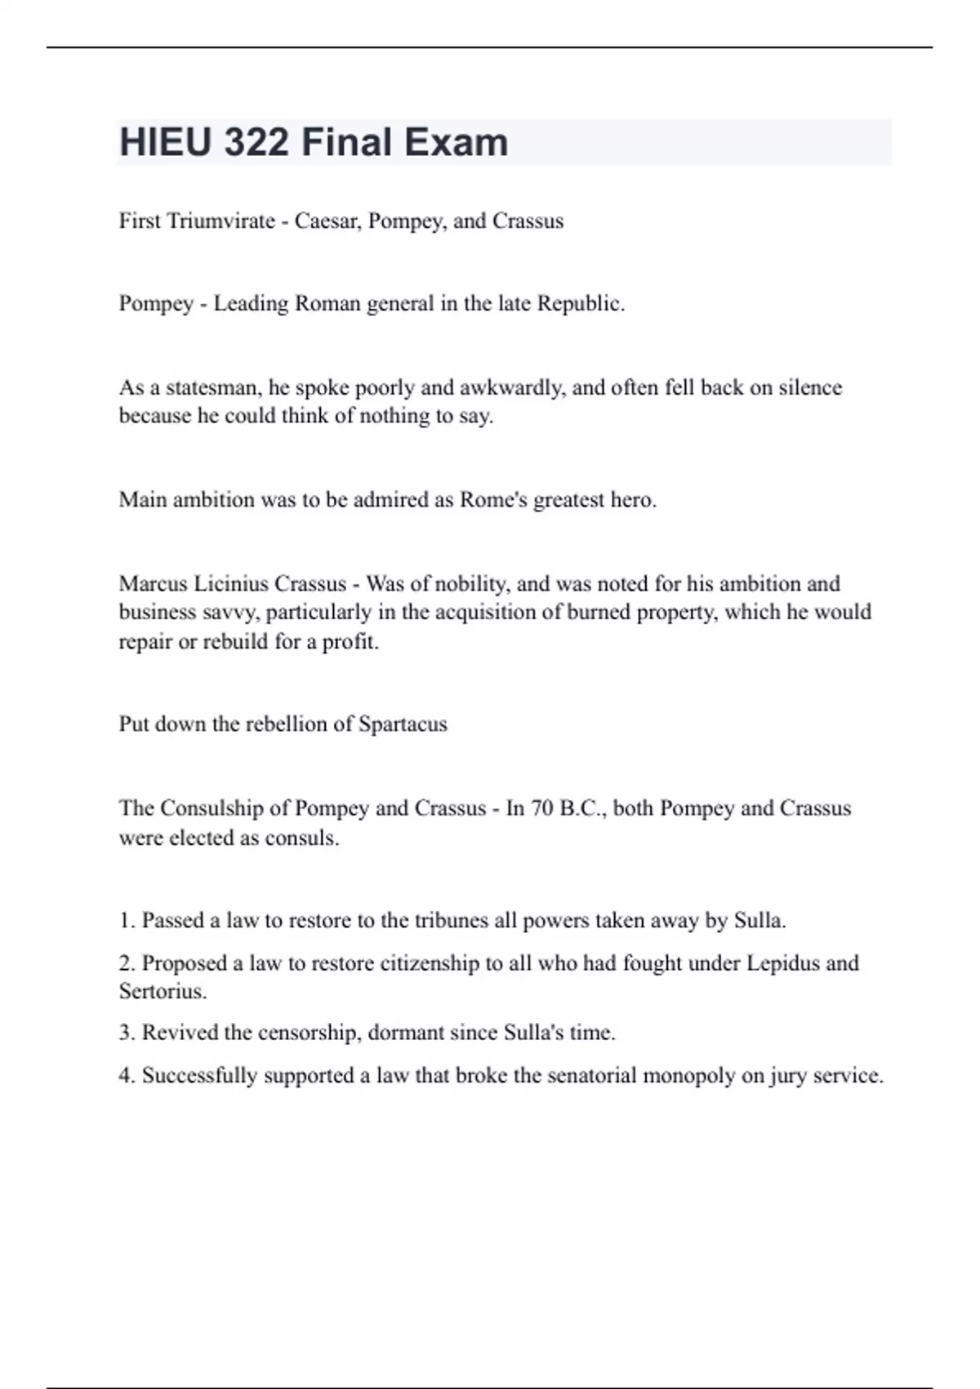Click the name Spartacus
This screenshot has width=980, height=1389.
click(x=403, y=725)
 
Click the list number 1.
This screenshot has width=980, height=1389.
click(x=127, y=921)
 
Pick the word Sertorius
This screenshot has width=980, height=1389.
click(x=163, y=992)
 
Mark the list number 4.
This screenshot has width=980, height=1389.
click(x=127, y=1076)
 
